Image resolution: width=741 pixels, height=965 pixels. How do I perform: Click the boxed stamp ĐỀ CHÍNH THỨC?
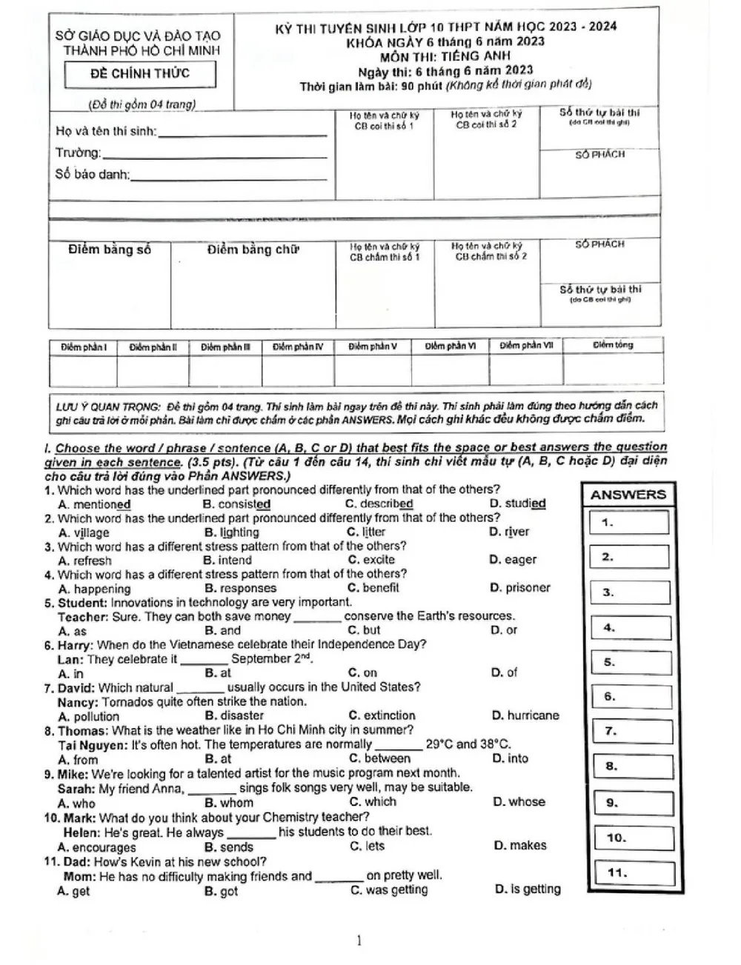pos(140,73)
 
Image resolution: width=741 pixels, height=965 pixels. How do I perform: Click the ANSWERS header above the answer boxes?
pos(628,495)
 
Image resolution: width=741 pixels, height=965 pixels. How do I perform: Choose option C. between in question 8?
pos(379,758)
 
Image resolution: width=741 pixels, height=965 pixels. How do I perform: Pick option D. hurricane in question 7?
pos(525,715)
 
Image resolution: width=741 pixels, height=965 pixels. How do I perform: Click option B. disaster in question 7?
pos(233,715)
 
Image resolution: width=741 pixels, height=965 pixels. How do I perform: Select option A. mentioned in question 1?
pos(94,504)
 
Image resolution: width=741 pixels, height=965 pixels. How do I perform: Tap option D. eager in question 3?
pos(513,560)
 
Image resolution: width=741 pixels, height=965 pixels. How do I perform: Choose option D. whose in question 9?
pos(519,802)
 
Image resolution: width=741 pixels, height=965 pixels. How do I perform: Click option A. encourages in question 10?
pos(97,847)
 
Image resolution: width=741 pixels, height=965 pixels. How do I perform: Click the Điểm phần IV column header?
pos(298,347)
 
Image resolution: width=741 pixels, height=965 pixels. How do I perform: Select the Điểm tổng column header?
pos(613,345)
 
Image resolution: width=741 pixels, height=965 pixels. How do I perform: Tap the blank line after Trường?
pos(215,156)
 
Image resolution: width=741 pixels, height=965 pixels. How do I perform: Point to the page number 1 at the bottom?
pos(359,941)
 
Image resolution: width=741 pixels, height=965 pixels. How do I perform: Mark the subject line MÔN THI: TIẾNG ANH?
pos(445,56)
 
